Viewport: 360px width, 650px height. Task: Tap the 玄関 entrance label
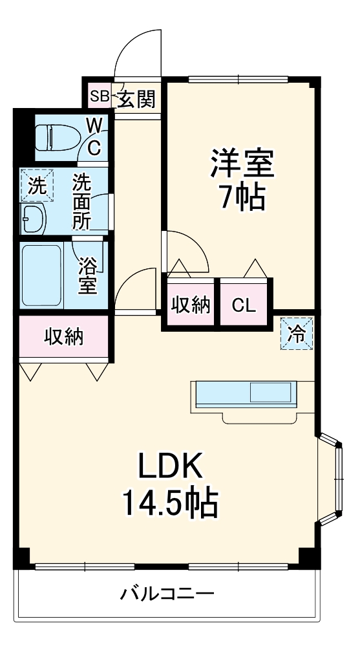tap(136, 99)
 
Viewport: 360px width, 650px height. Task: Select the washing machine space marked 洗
tap(37, 186)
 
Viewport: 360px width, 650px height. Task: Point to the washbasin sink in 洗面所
tap(34, 219)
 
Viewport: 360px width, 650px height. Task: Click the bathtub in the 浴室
tap(42, 276)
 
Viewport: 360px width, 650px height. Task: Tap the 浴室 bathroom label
tap(87, 276)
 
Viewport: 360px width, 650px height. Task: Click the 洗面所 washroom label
tap(82, 201)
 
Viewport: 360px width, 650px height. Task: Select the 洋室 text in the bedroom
tap(242, 162)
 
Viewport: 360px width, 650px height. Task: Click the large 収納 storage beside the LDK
tap(64, 337)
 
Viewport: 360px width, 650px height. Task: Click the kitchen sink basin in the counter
tap(270, 392)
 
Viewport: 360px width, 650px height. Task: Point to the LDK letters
tap(170, 466)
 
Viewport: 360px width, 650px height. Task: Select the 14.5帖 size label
tap(170, 502)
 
